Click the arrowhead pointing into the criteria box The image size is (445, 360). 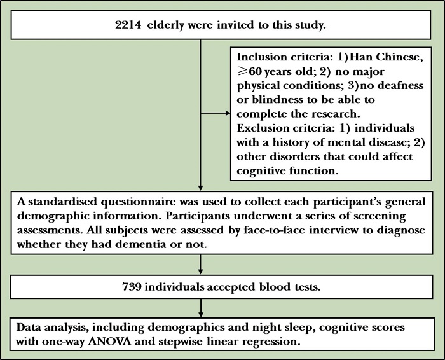pos(226,114)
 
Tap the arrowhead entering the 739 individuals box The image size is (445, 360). pos(200,270)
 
